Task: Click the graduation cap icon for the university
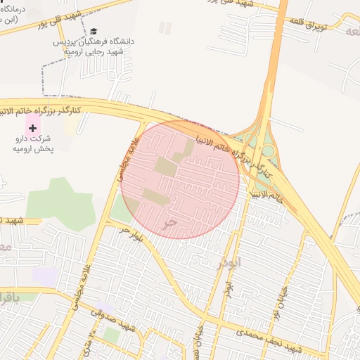(x=94, y=32)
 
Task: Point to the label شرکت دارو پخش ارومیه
(x=34, y=144)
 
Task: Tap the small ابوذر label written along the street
(x=227, y=288)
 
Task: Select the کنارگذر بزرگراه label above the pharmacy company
(x=41, y=110)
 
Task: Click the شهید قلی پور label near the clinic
(x=71, y=19)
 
